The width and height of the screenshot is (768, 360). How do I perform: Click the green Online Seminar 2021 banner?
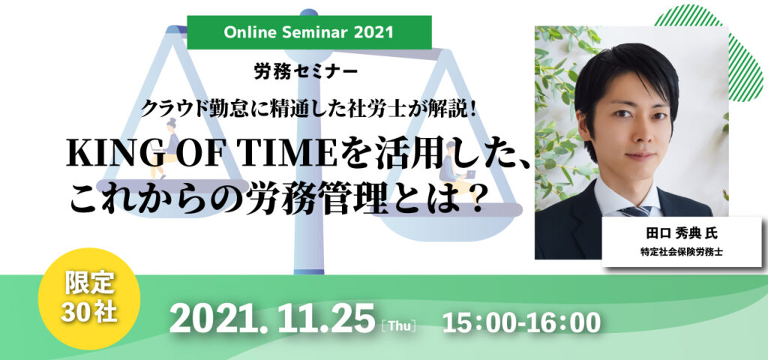[x=309, y=32]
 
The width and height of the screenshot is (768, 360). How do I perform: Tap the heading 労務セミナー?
[x=306, y=73]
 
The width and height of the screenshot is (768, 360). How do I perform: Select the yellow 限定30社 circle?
[x=89, y=298]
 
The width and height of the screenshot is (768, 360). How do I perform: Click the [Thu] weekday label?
[x=397, y=325]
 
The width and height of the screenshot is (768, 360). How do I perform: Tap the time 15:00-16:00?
[x=521, y=322]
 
